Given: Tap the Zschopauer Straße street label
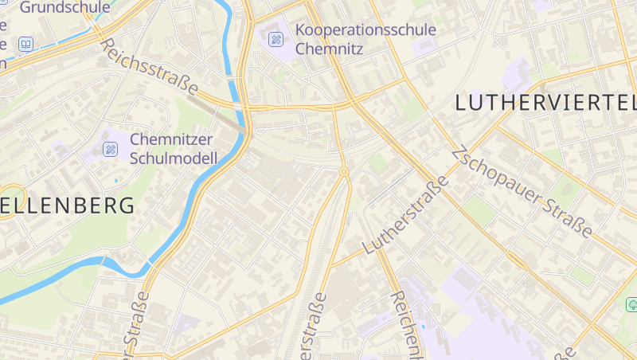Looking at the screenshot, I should [522, 192].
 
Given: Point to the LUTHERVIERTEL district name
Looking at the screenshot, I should [546, 103].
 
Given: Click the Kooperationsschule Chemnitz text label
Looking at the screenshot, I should [365, 38].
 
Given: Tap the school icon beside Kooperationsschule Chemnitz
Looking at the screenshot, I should [276, 38].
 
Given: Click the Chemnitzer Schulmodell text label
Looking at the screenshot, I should [173, 149].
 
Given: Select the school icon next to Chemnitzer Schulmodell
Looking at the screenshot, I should [111, 148].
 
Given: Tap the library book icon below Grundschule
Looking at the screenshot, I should [26, 45].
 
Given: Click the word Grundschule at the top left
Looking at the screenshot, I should [65, 8].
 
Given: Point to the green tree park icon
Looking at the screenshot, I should [632, 304].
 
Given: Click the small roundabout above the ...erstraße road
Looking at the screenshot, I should [344, 171].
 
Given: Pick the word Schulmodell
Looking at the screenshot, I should [173, 158].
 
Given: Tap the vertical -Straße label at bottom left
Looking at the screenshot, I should [137, 323].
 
